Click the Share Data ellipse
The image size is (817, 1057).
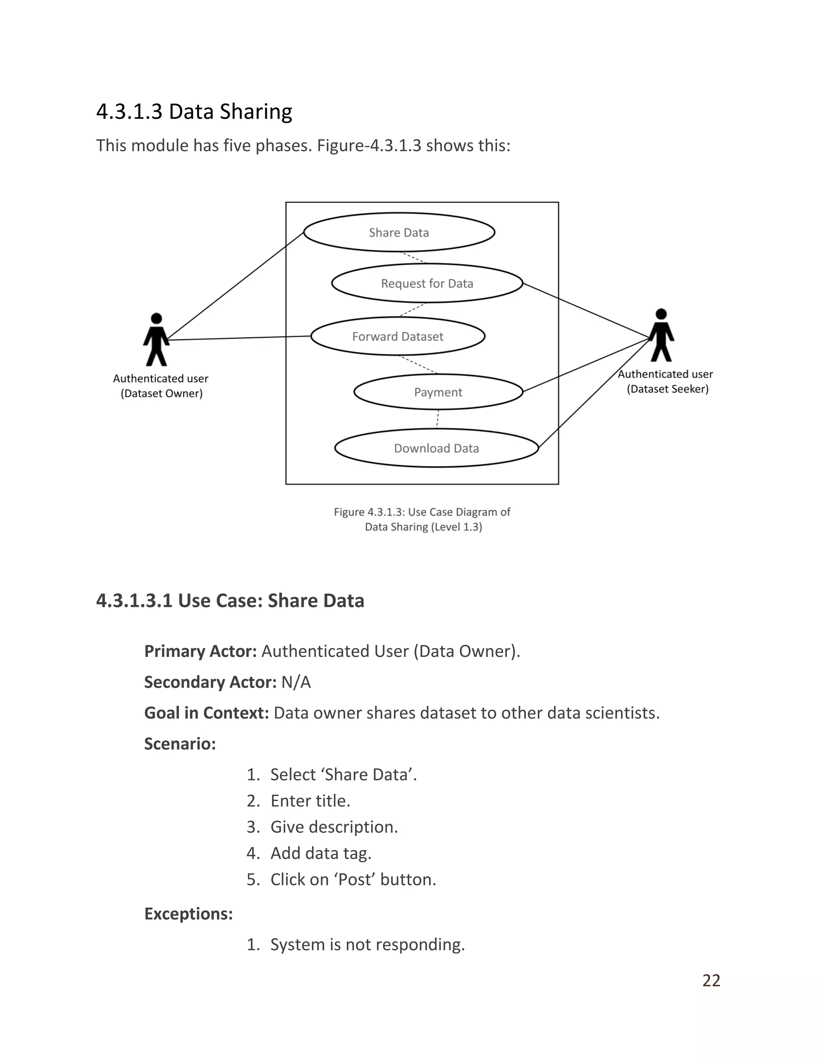[399, 232]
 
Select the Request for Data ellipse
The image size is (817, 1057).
[427, 283]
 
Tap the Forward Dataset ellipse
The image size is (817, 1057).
[397, 336]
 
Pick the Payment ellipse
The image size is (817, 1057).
[438, 392]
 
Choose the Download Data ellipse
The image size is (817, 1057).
[436, 448]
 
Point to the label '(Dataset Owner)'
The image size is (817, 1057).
[162, 393]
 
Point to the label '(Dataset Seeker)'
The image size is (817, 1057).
[667, 389]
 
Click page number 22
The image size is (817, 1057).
[711, 980]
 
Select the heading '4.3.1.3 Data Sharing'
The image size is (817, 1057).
[194, 111]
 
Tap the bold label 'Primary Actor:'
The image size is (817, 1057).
[200, 651]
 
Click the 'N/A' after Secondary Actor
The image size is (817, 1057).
[296, 682]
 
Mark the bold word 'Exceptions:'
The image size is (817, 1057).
[188, 914]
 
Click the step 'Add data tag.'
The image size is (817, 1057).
[321, 853]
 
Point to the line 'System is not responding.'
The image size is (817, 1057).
[367, 944]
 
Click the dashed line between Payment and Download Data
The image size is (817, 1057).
[438, 419]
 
